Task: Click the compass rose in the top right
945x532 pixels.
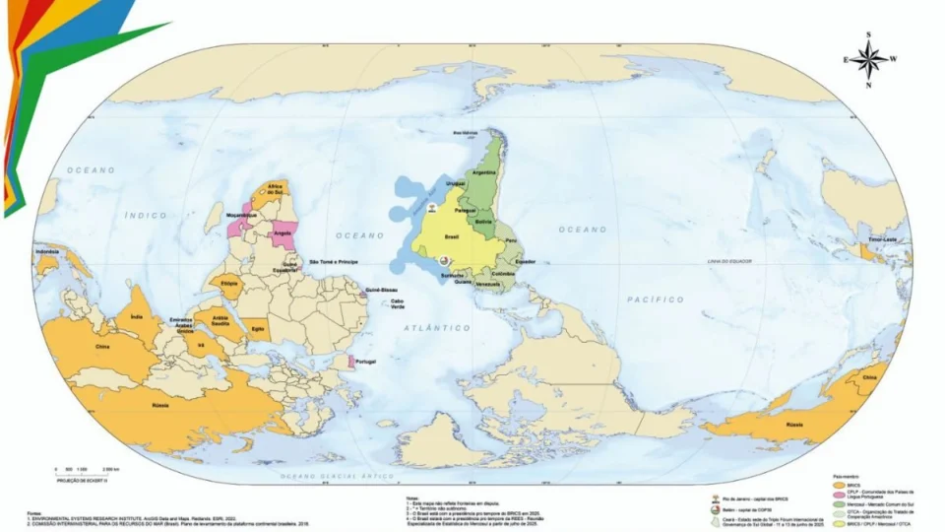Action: pos(868,58)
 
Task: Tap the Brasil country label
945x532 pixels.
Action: pos(454,237)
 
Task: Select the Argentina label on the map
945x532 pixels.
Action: pos(483,171)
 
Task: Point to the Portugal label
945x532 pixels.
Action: pos(365,362)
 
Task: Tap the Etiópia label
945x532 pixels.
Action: pos(230,283)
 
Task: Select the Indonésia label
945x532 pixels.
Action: pos(48,252)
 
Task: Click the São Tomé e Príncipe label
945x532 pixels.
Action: pos(335,262)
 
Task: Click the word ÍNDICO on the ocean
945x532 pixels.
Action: pos(144,214)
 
